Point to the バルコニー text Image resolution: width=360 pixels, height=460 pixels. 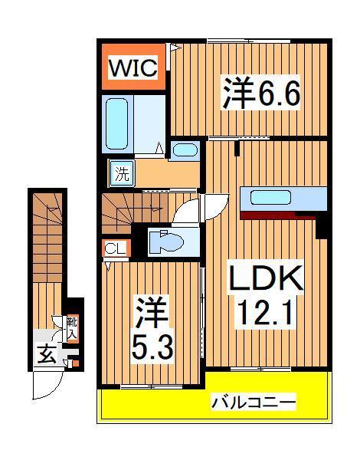click(x=254, y=402)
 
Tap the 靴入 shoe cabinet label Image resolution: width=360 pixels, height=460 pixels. click(x=71, y=329)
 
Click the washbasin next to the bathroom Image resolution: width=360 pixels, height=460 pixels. click(x=184, y=150)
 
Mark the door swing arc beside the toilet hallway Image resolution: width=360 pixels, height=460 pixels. click(x=215, y=207)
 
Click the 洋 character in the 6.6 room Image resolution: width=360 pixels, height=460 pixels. click(x=237, y=95)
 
